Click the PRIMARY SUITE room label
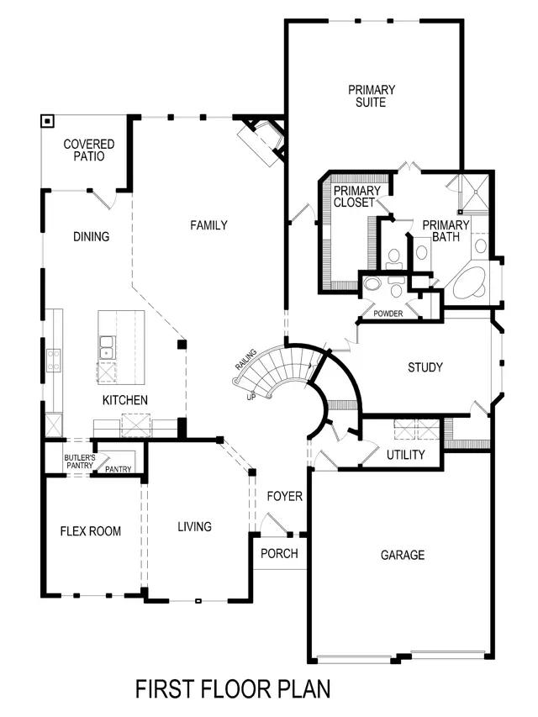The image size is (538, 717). click(371, 96)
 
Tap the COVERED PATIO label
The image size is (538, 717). click(88, 150)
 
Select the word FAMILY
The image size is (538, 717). click(208, 225)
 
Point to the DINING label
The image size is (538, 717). click(91, 237)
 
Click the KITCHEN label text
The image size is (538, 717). click(125, 400)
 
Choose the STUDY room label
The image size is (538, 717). click(425, 367)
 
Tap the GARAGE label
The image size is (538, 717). click(402, 555)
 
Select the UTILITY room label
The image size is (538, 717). click(405, 455)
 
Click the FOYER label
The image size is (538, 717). click(284, 497)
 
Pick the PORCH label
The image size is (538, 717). click(278, 554)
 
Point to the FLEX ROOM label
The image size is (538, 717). click(90, 531)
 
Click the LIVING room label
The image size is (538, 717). click(194, 527)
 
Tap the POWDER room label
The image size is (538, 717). click(388, 314)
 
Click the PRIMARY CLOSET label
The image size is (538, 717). click(356, 197)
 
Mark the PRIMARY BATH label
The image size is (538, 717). click(445, 230)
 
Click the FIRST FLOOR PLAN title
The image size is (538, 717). click(233, 688)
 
